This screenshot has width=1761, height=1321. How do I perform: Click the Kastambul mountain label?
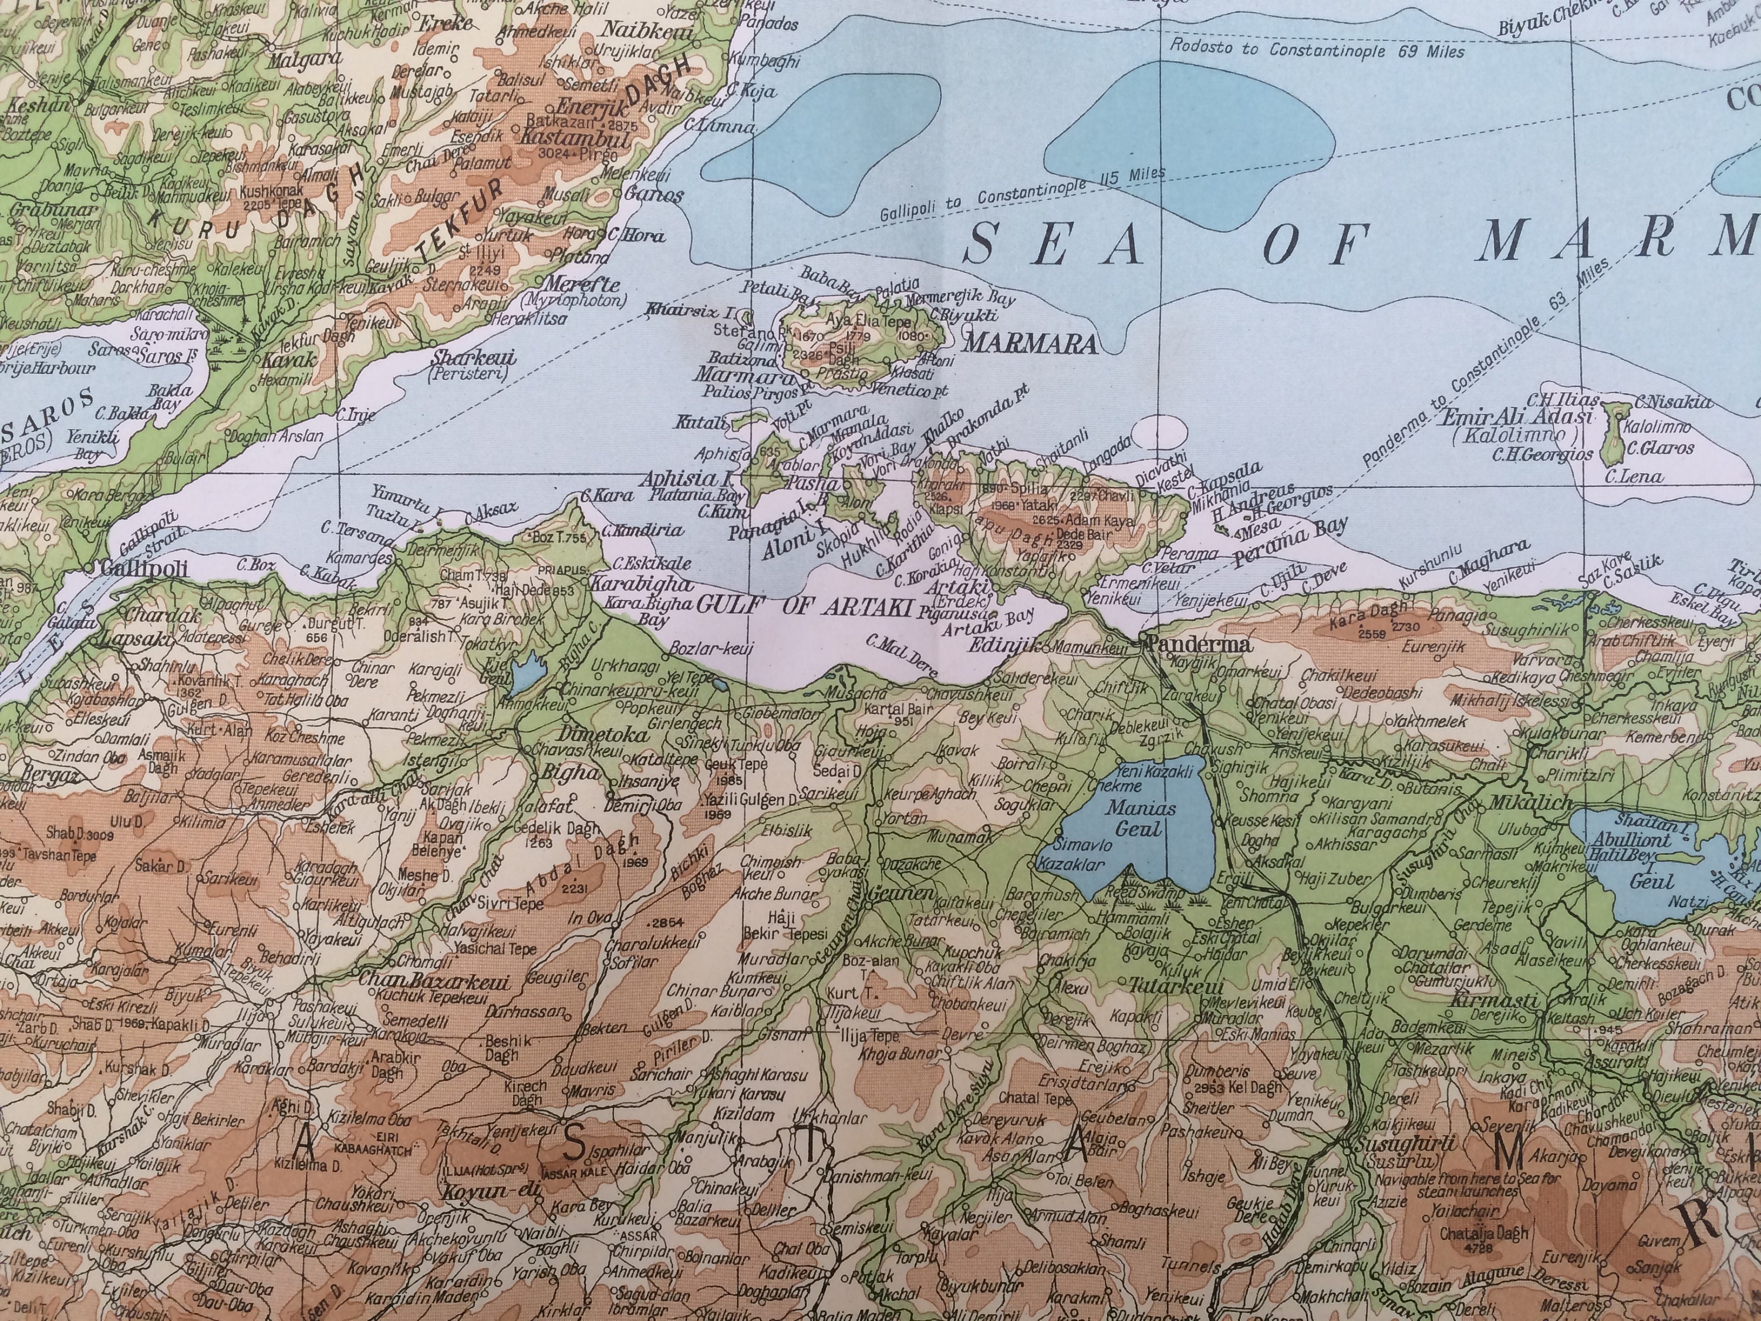pos(575,139)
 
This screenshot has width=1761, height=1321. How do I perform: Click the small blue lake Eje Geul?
pos(523,675)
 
